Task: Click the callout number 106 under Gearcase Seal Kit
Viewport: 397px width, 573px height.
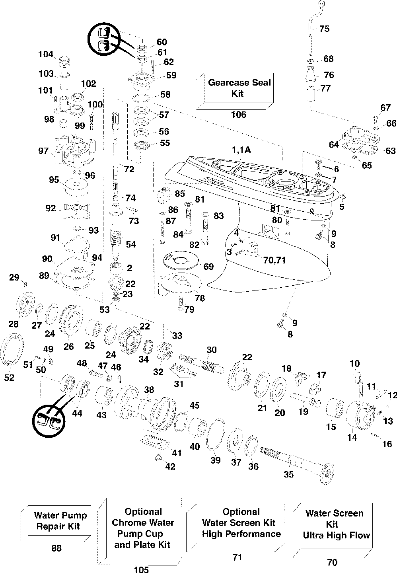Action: [x=238, y=115]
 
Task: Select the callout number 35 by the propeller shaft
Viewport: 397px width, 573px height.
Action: [x=288, y=474]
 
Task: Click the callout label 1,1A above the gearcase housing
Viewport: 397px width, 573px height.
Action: [x=241, y=150]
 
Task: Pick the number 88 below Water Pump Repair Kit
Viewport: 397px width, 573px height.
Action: [x=56, y=548]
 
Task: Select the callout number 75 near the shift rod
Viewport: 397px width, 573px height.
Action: [x=324, y=29]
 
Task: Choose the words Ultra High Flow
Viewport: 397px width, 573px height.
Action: [x=337, y=535]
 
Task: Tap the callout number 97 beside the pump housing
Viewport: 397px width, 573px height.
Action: [x=43, y=151]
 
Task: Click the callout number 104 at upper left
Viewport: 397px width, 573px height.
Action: [x=46, y=54]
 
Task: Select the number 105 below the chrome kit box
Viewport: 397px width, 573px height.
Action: [x=141, y=569]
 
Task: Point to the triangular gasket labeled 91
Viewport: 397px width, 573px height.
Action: [x=76, y=244]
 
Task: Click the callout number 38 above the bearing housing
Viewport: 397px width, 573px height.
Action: [x=149, y=390]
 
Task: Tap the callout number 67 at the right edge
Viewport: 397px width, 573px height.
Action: [x=385, y=107]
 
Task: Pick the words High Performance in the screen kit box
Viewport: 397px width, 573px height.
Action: [x=241, y=534]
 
